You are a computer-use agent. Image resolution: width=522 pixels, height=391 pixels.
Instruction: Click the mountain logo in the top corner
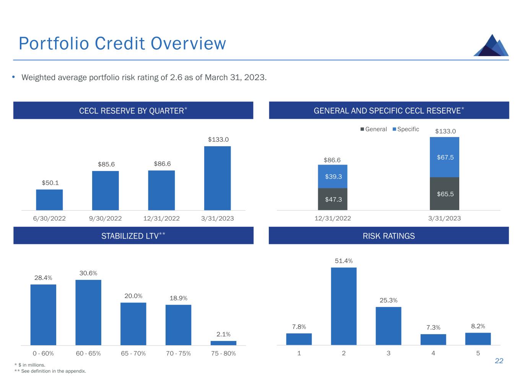(x=491, y=46)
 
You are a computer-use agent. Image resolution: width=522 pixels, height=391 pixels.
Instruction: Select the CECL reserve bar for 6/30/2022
(x=49, y=200)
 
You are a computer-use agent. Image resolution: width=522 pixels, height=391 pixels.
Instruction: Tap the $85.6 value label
(x=106, y=164)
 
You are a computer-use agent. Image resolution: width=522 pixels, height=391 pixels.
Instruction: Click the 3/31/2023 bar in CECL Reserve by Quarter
(x=217, y=178)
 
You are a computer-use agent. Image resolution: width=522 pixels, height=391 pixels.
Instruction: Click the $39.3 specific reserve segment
(x=333, y=176)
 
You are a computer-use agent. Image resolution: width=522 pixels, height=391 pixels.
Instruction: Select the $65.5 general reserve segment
(x=444, y=194)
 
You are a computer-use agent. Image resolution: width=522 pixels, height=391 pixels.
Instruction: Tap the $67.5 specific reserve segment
(x=444, y=157)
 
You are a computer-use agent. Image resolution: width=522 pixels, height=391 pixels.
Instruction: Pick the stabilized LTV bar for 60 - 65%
(x=88, y=312)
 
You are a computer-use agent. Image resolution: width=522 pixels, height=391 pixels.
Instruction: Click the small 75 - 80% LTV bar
(x=223, y=343)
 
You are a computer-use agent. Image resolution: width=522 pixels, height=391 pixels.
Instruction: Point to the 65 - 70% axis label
(x=133, y=354)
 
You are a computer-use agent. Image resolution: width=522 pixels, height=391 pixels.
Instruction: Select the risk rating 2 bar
(x=343, y=306)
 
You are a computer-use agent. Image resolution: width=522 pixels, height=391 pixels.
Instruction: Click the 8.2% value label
(x=478, y=326)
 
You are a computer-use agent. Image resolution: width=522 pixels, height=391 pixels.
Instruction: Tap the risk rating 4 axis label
(x=433, y=353)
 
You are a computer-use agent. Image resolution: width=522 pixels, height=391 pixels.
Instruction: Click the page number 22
(x=499, y=361)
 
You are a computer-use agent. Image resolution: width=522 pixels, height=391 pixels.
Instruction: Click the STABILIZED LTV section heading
(x=133, y=236)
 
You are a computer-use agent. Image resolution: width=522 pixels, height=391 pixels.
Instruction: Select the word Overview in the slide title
(x=189, y=44)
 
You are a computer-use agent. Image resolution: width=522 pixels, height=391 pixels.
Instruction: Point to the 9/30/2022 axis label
(x=105, y=219)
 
